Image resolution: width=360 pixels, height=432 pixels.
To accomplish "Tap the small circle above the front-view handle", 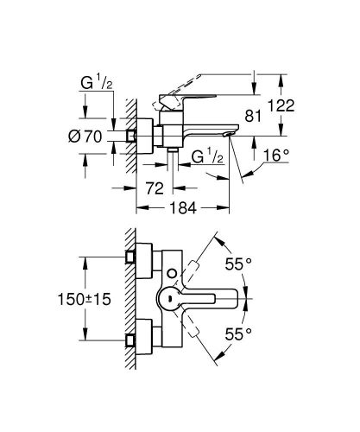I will tap(172, 274).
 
